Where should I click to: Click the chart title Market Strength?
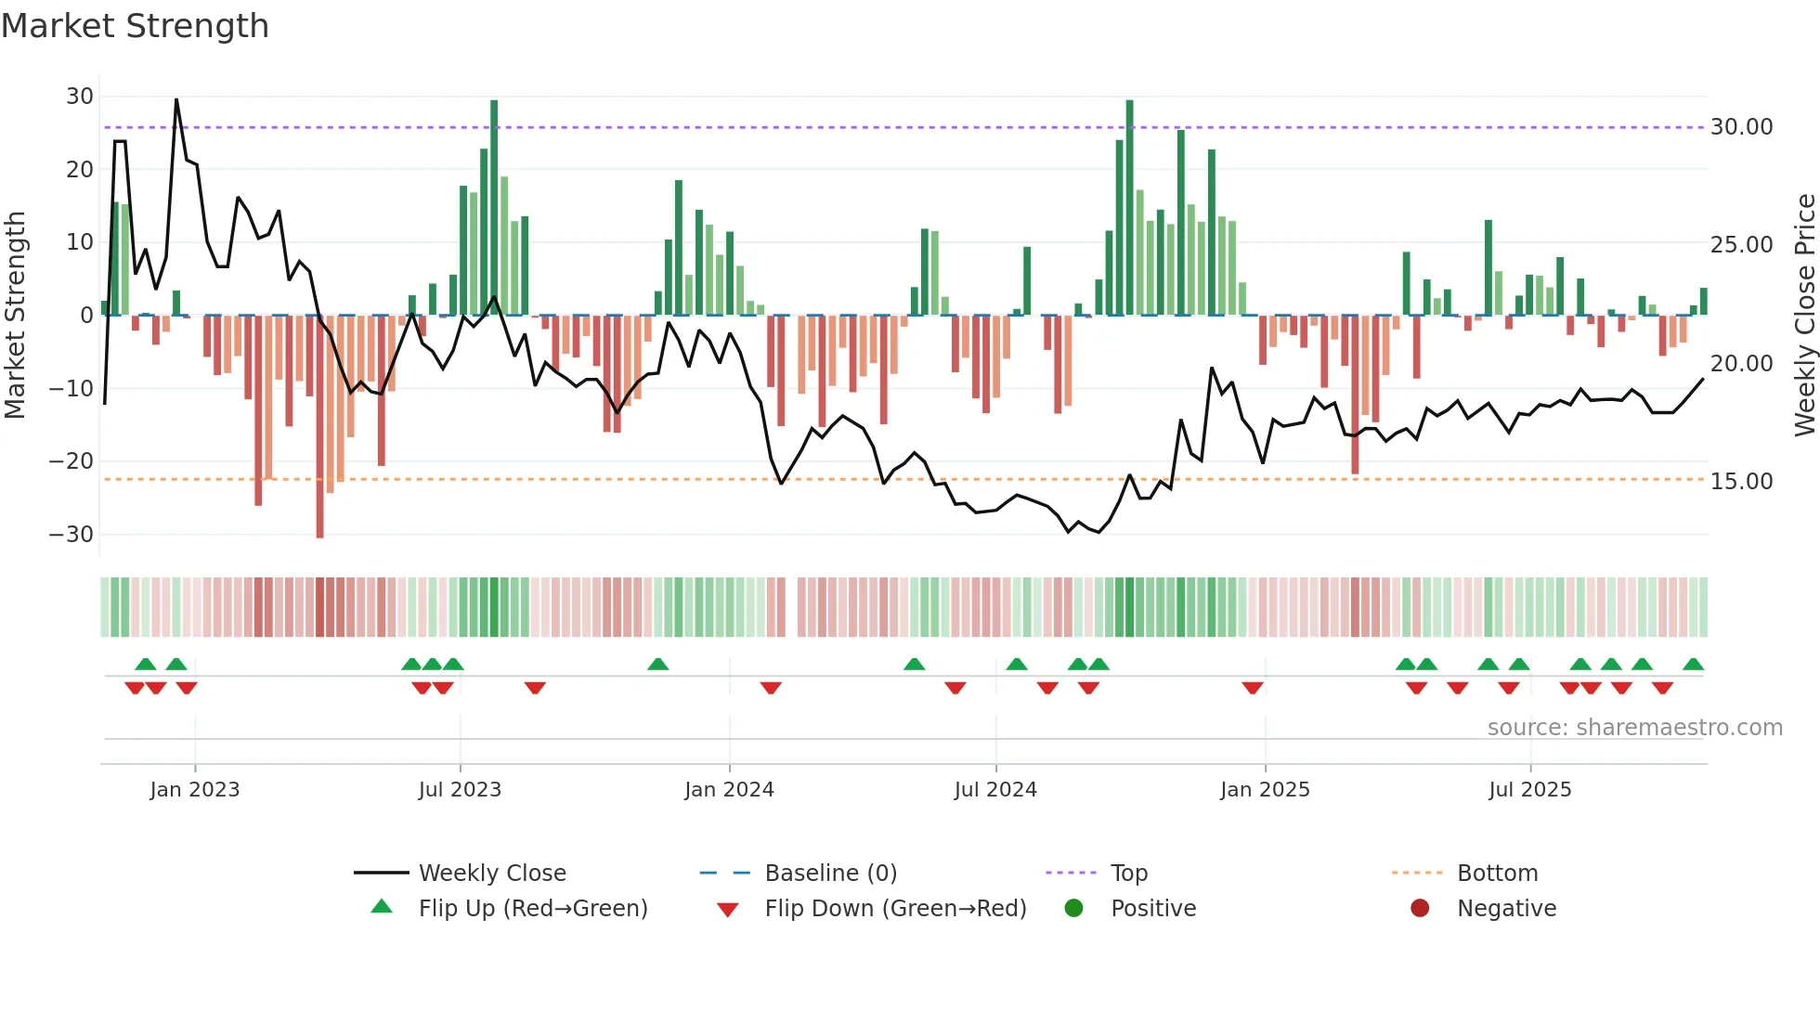point(135,26)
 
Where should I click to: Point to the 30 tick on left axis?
point(80,97)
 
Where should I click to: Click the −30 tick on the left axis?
point(72,535)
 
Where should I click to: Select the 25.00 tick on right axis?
point(1741,245)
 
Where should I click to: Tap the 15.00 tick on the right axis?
point(1741,482)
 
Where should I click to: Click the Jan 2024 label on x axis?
point(729,790)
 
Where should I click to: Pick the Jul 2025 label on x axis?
point(1529,790)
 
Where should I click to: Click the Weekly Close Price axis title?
point(1804,316)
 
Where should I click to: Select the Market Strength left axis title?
point(16,316)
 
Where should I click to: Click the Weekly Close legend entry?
point(491,874)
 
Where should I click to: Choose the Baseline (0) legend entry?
point(830,874)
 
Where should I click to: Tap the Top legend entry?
point(1128,874)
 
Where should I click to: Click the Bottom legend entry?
point(1497,874)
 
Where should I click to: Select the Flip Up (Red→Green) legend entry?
point(532,909)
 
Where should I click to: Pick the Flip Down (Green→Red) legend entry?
point(895,909)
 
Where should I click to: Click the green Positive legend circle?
point(1073,909)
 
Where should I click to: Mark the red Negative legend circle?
point(1420,909)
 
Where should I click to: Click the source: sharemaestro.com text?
point(1634,728)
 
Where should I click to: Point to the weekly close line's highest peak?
point(176,100)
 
